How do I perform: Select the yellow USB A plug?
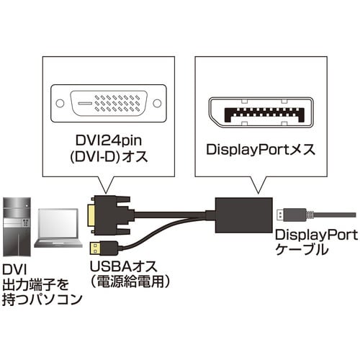click(98, 248)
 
